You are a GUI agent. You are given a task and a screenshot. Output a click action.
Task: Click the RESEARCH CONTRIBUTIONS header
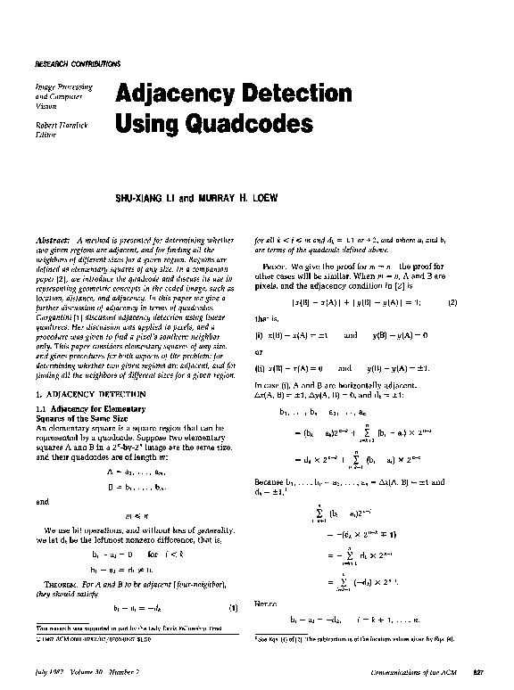pos(77,65)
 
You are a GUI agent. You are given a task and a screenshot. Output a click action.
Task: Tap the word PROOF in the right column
pos(272,267)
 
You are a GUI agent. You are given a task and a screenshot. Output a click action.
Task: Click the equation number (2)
pos(477,303)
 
